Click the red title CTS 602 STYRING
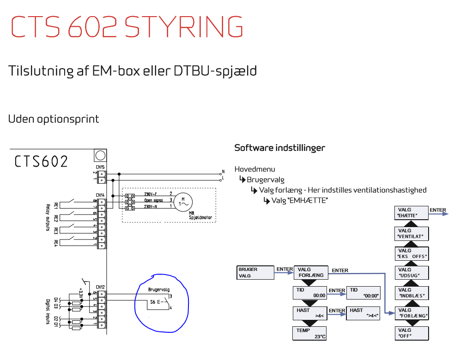pyautogui.click(x=127, y=26)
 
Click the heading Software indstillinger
pyautogui.click(x=279, y=148)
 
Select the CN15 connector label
pyautogui.click(x=100, y=167)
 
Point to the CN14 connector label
pyautogui.click(x=100, y=195)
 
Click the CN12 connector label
pyautogui.click(x=100, y=287)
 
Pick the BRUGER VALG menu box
pyautogui.click(x=255, y=272)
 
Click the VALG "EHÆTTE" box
pyautogui.click(x=412, y=213)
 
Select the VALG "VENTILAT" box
pyautogui.click(x=412, y=234)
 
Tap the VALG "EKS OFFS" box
pyautogui.click(x=412, y=253)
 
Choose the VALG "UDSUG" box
pyautogui.click(x=412, y=272)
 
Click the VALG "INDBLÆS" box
pyautogui.click(x=412, y=293)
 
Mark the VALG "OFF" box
pyautogui.click(x=412, y=333)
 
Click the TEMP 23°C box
pyautogui.click(x=310, y=333)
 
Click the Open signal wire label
pyautogui.click(x=154, y=200)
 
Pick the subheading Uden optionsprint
pyautogui.click(x=54, y=119)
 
